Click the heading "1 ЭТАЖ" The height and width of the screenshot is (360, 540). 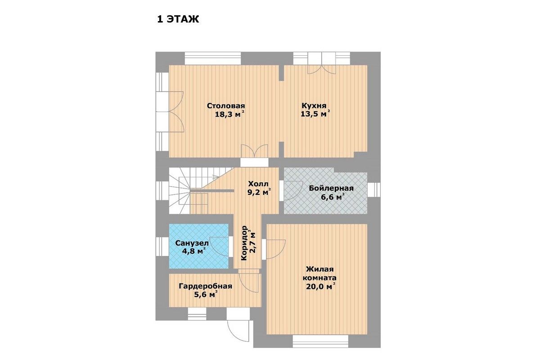178,19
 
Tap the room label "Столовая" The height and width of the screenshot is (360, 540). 226,106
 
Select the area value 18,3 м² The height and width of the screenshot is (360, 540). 230,114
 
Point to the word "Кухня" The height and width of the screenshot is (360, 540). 314,106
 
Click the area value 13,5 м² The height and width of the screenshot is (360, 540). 315,113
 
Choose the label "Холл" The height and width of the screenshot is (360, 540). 258,184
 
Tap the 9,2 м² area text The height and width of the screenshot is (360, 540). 259,193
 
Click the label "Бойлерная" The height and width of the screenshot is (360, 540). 331,188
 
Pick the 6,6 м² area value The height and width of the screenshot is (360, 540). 332,197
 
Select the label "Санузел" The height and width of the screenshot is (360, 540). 192,243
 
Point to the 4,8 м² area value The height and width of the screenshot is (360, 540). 194,251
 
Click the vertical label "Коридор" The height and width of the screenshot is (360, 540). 244,243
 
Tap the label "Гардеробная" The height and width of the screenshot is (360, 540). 205,286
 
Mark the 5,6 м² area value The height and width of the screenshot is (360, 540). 206,294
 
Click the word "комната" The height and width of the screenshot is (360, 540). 319,278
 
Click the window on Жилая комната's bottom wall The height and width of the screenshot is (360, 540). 320,341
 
